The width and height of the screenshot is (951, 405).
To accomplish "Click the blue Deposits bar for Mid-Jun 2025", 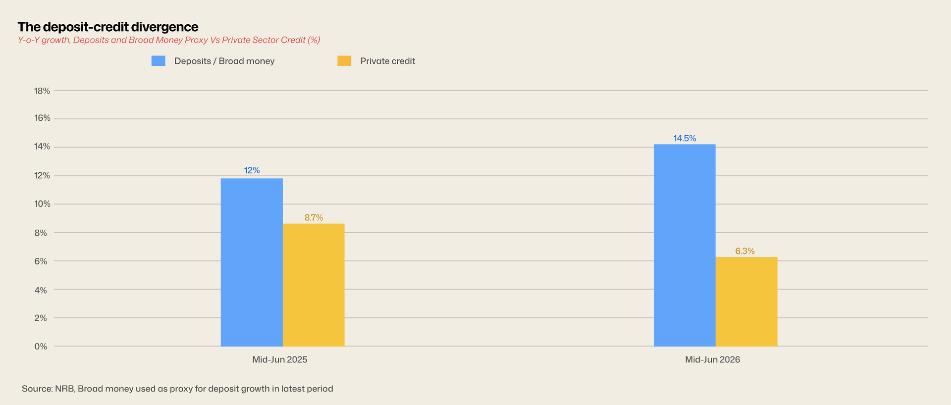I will coord(252,262).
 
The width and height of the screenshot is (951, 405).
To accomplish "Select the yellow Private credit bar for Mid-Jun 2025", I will coord(314,285).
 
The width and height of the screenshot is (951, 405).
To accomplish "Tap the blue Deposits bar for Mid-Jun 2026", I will coord(685,245).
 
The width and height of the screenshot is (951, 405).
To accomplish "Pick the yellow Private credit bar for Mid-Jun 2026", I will coord(746,302).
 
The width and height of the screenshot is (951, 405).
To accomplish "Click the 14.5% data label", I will coord(685,139).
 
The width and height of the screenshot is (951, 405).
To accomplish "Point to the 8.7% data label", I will coord(314,218).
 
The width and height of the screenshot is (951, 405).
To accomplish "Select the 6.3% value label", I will coord(745,252).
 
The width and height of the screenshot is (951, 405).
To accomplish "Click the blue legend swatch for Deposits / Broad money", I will coord(158,61).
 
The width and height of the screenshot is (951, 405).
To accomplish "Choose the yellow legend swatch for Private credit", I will coord(344,61).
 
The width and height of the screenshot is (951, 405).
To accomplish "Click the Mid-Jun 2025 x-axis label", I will coord(280,360).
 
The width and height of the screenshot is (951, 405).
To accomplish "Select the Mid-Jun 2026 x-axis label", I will coord(712,360).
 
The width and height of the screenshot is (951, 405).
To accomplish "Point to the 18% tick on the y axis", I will coord(42,91).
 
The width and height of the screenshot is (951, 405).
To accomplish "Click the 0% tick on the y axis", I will coord(41,347).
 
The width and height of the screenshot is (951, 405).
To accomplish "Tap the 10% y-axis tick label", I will coord(42,204).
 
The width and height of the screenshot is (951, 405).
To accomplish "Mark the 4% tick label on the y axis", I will coord(41,290).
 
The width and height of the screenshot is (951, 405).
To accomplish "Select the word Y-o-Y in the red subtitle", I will coord(28,40).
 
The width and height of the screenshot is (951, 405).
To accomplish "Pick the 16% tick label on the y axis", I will coord(42,118).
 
